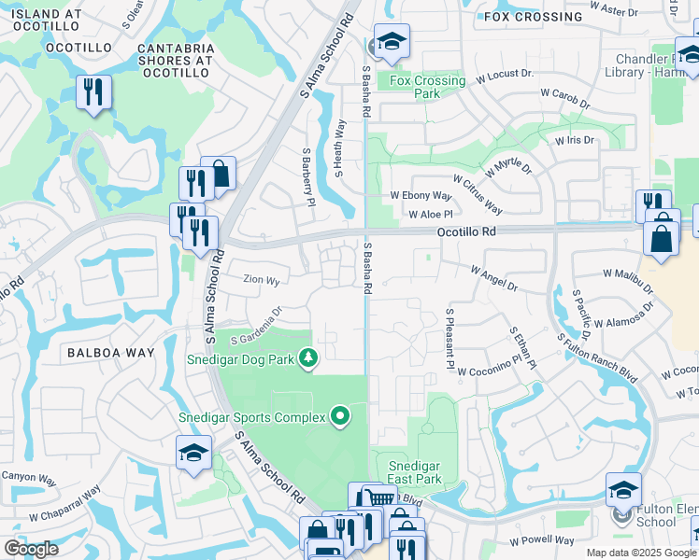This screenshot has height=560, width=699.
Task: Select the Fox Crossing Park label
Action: (427, 87)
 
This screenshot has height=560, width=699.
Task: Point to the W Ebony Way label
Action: (421, 196)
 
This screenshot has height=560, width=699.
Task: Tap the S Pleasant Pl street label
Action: (449, 340)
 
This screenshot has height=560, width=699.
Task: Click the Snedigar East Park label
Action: (414, 472)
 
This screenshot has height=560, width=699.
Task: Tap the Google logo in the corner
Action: (31, 549)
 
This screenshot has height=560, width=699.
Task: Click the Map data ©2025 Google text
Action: (640, 553)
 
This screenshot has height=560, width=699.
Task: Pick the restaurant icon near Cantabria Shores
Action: (94, 92)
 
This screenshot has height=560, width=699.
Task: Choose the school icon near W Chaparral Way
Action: (193, 453)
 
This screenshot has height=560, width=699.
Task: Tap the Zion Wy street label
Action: (261, 279)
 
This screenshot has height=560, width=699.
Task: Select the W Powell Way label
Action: (542, 539)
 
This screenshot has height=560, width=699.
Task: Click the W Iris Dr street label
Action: (574, 140)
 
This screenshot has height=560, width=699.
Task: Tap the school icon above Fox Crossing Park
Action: (392, 41)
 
